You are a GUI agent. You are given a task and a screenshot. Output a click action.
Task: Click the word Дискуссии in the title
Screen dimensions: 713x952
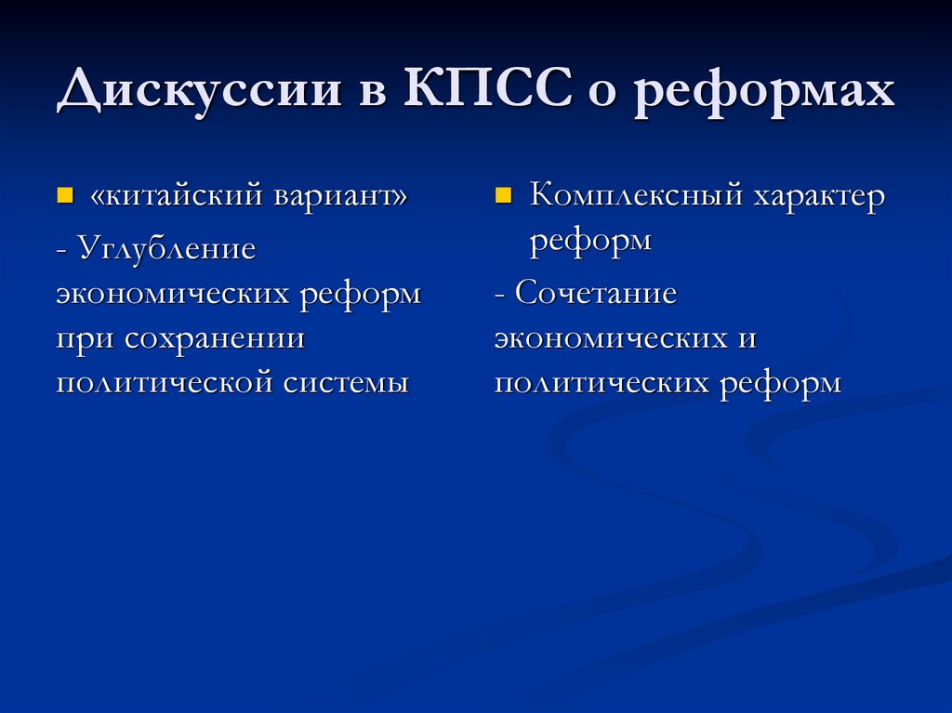[x=197, y=95]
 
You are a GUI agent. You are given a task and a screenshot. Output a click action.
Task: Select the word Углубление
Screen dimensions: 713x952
[x=166, y=248]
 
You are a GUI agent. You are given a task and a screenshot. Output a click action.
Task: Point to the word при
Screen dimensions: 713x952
[x=84, y=338]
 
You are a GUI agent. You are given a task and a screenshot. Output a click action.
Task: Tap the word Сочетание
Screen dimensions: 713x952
[x=596, y=294]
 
